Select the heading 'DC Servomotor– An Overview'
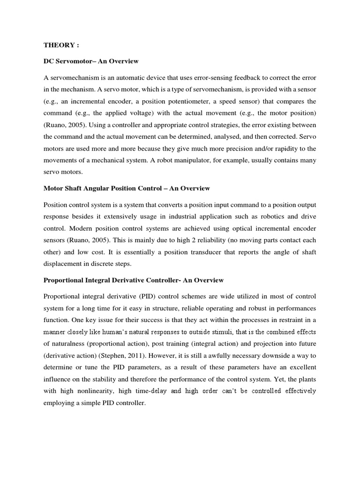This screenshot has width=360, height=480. (91, 61)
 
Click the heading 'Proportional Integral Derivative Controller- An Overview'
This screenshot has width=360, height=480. (134, 280)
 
